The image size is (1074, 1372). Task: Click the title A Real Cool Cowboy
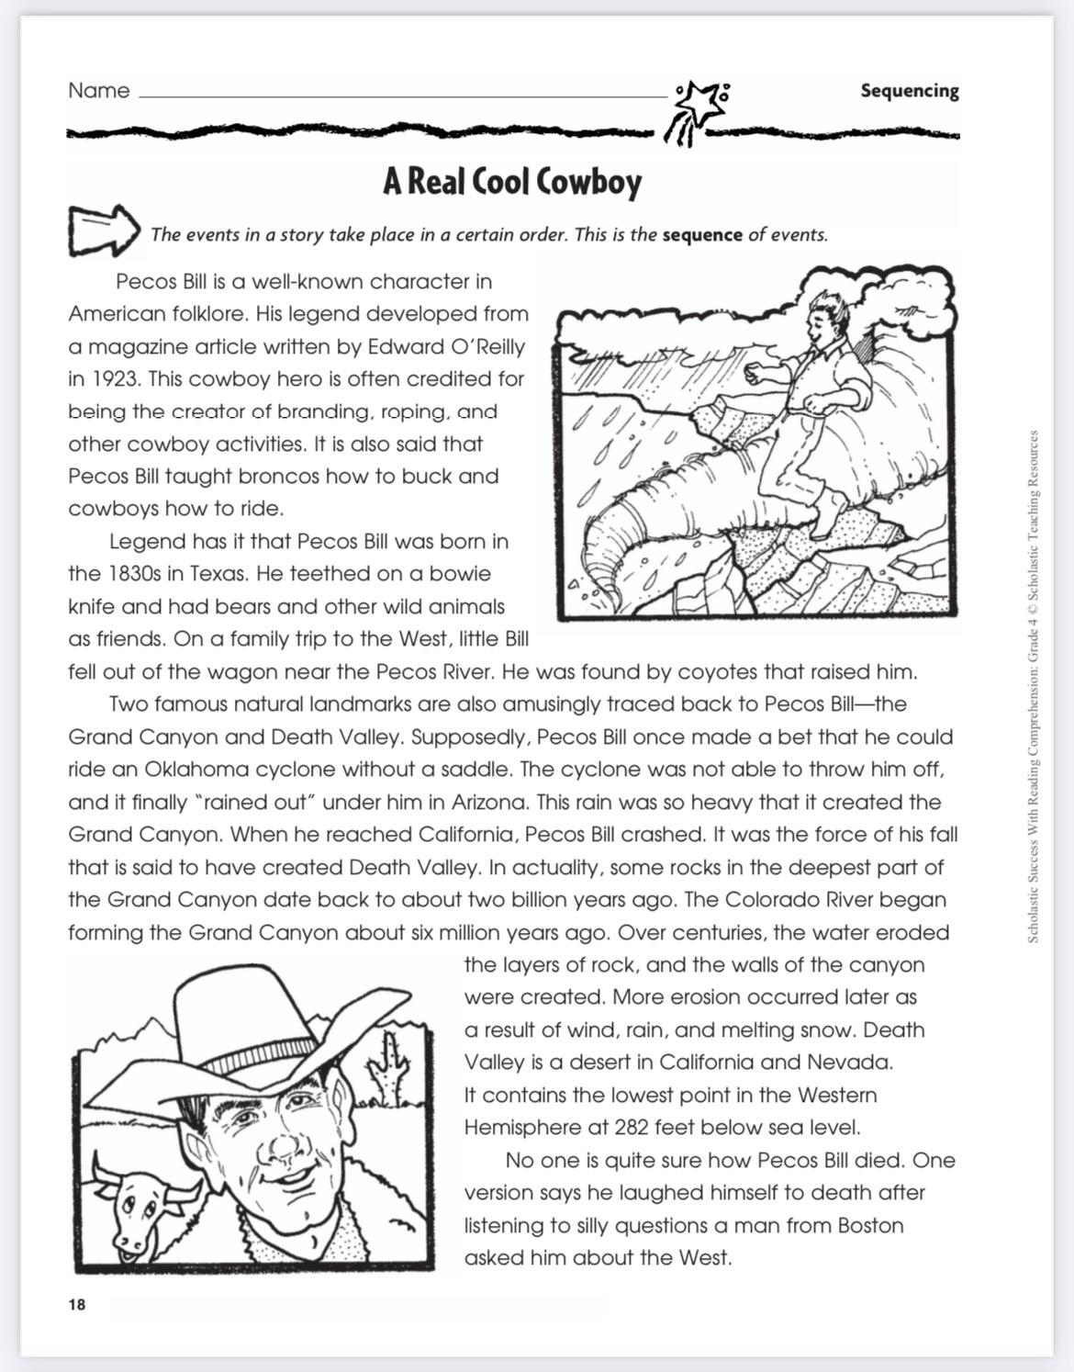click(512, 183)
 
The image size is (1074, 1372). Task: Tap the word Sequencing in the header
click(909, 91)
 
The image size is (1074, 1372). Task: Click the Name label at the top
click(98, 91)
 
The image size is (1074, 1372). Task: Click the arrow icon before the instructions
click(103, 230)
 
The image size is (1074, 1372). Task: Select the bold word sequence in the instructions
click(701, 234)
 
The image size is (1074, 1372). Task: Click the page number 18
click(76, 1305)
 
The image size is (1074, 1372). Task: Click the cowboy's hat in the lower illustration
click(248, 1029)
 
